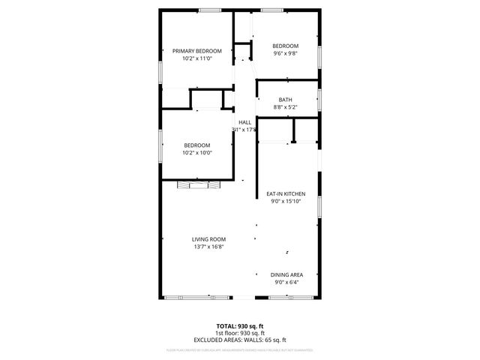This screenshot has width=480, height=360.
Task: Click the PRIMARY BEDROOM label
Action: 197,51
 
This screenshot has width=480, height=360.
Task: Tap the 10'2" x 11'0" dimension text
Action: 197,58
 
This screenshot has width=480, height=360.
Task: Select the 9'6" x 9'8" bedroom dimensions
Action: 285,53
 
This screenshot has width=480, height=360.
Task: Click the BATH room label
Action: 285,100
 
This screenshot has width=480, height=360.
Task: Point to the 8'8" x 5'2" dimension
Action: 285,107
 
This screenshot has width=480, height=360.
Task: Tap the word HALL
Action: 244,122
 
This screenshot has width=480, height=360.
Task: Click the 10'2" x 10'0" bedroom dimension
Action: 197,153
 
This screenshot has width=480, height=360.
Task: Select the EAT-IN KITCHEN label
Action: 286,193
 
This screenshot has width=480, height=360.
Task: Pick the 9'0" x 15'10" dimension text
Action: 286,201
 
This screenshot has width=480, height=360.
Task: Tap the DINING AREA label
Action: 286,275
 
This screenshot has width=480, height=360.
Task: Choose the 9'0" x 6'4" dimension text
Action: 286,283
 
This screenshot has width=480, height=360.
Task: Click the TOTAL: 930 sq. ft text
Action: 240,326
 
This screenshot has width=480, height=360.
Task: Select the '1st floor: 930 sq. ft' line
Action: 240,333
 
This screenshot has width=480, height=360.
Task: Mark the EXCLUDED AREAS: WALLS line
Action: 240,340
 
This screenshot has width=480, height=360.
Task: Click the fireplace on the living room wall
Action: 196,184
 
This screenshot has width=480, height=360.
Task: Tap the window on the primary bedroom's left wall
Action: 160,69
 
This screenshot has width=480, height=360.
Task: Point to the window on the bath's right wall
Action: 320,100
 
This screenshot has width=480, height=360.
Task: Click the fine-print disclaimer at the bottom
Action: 240,349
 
